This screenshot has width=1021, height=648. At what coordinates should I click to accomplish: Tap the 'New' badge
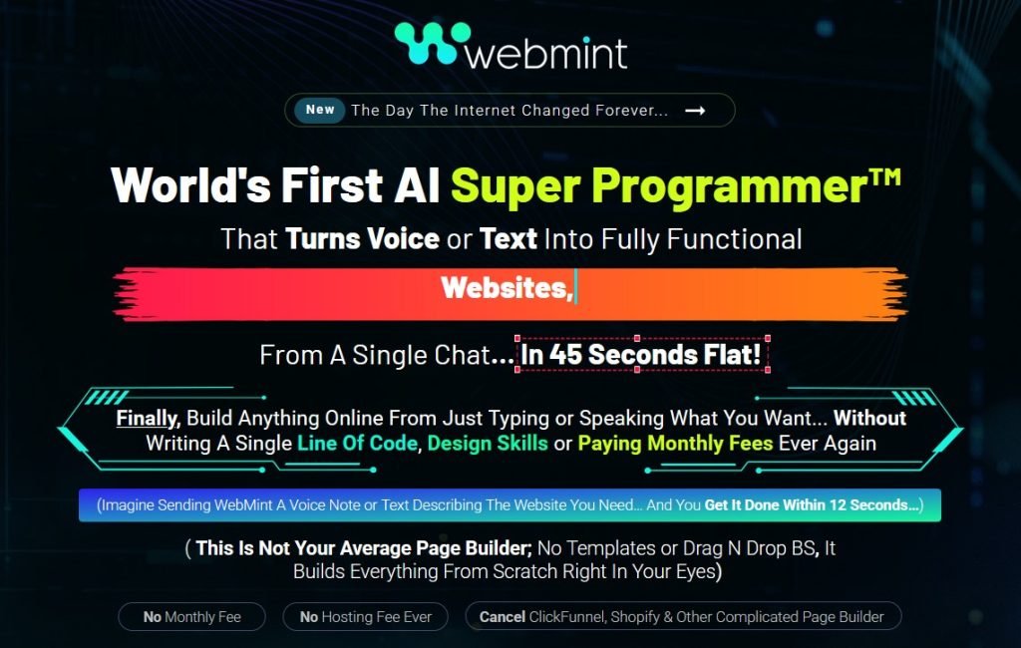tap(320, 110)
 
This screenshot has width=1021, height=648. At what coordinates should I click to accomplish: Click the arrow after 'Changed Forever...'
tap(695, 111)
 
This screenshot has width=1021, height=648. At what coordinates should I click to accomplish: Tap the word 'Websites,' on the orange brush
tap(507, 288)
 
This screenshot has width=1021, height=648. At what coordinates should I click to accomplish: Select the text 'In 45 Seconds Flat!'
tap(642, 354)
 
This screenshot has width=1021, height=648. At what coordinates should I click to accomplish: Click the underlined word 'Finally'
tap(147, 418)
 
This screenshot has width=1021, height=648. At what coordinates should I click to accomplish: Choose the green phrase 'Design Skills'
tap(488, 443)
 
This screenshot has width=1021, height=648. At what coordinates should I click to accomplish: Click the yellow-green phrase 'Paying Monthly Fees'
tap(675, 443)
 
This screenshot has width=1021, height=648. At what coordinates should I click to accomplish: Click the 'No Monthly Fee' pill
tap(191, 617)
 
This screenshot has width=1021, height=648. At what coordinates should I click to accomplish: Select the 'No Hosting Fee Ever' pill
tap(365, 617)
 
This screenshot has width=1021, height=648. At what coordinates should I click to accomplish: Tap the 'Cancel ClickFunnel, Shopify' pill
tap(682, 617)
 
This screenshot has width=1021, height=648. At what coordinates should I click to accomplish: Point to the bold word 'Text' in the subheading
tap(509, 239)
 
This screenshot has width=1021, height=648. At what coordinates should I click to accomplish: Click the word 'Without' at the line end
tap(869, 418)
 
